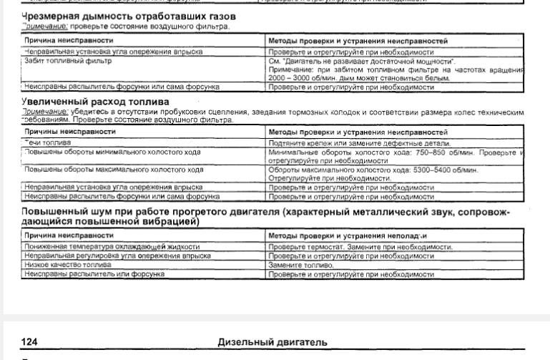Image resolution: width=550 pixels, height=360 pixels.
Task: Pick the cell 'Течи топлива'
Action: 47,143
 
